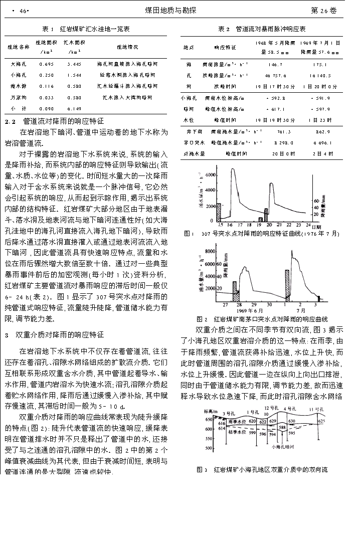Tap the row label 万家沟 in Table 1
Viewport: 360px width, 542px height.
[x=19, y=98]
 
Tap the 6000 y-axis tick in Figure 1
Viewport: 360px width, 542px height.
[x=209, y=175]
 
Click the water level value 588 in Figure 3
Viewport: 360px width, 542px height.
[x=282, y=427]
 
